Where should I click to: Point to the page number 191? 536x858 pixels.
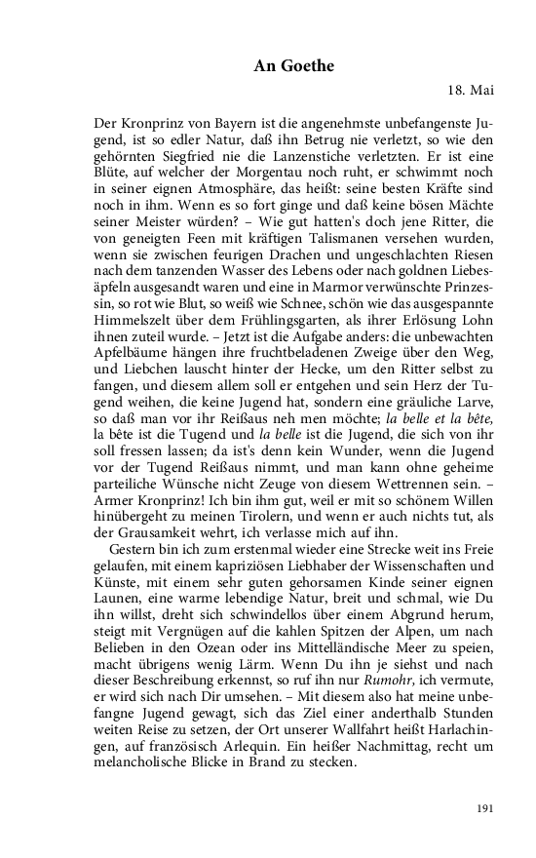click(x=484, y=807)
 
